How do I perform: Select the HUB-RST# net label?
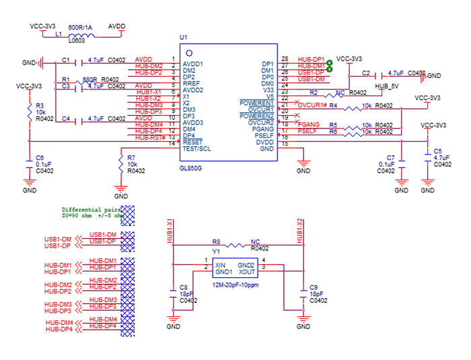(149, 137)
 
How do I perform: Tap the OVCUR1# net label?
(312, 105)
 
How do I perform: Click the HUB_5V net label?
(388, 86)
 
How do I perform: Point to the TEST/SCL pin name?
(196, 149)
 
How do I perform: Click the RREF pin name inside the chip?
(191, 83)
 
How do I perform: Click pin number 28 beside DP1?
(285, 60)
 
